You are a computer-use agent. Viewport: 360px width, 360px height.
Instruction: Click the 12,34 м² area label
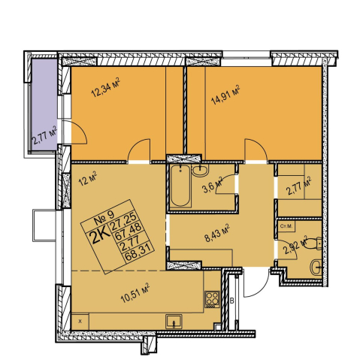(105, 88)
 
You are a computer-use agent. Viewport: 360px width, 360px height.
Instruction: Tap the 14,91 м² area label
(225, 95)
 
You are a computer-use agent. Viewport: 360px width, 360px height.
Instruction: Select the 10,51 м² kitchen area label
(135, 293)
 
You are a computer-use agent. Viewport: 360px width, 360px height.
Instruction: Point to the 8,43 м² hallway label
(217, 233)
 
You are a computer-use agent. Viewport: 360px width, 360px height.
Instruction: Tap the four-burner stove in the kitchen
(212, 299)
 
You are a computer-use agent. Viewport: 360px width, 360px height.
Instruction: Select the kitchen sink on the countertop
(174, 322)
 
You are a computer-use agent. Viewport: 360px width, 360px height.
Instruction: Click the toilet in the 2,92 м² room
(313, 244)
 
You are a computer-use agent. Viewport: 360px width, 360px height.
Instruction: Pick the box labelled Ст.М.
(286, 227)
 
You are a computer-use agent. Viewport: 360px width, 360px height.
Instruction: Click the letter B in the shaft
(232, 301)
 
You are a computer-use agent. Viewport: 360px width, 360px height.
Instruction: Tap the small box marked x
(80, 322)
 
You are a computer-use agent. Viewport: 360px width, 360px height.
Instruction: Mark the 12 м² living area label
(88, 179)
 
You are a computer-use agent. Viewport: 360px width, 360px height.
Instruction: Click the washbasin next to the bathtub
(200, 171)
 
